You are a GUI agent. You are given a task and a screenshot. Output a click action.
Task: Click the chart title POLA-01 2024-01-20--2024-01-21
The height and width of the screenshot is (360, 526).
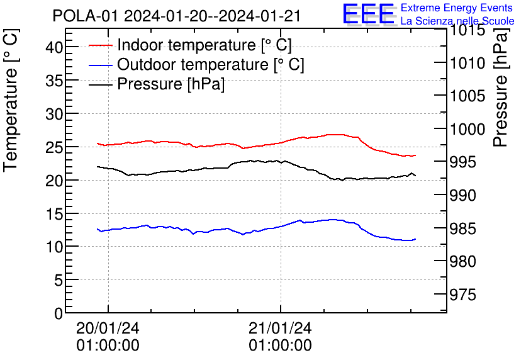177,15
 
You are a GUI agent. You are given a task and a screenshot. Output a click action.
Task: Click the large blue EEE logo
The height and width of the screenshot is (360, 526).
368,14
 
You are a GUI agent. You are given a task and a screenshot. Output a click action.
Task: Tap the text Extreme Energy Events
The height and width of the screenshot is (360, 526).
456,8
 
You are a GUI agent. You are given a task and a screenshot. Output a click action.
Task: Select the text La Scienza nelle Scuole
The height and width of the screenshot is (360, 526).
457,21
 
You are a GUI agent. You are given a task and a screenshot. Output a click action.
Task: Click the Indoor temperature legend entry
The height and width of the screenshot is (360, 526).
204,45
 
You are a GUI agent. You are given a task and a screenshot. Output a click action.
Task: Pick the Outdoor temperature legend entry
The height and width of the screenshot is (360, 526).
211,65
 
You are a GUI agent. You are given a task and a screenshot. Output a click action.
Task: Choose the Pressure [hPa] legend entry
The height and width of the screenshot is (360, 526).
171,84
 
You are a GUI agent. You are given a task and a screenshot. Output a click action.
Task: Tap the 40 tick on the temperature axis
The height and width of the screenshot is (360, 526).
55,47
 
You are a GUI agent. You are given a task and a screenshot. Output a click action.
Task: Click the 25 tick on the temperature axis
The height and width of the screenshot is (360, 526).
55,147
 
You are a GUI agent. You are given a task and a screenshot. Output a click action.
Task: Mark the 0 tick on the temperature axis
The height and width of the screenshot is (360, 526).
59,313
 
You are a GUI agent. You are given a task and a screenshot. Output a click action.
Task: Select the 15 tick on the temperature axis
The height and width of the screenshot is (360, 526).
55,213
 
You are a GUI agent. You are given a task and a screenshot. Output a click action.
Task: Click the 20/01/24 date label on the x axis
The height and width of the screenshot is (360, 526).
108,329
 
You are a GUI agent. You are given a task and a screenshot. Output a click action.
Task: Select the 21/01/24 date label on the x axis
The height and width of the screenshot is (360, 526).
280,329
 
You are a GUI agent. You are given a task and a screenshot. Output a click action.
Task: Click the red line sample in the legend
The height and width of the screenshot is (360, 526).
101,45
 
